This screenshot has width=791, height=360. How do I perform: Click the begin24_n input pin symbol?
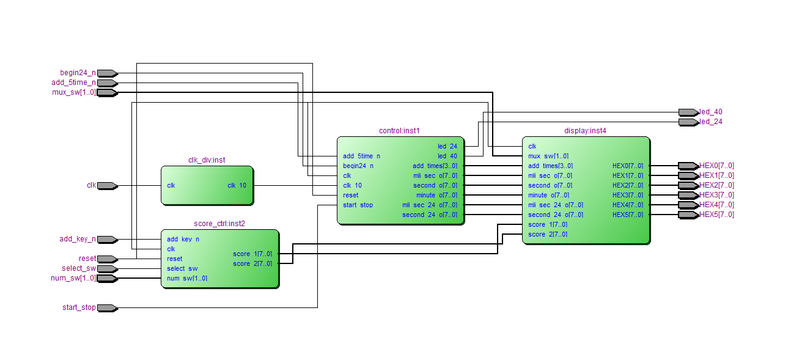click(107, 73)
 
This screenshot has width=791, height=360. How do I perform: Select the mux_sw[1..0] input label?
click(74, 93)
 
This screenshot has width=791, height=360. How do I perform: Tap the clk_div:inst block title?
click(207, 160)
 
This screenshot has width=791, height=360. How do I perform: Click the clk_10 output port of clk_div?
click(235, 185)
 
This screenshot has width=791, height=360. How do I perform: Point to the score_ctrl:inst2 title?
click(219, 224)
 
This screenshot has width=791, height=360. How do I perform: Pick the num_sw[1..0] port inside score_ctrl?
click(187, 279)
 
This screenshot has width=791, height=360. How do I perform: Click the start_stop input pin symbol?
click(107, 308)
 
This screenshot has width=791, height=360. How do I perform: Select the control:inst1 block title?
click(399, 131)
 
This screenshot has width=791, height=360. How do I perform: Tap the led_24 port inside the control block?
click(447, 146)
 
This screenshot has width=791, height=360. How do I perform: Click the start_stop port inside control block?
click(358, 205)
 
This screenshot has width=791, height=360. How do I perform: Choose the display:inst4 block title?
click(585, 131)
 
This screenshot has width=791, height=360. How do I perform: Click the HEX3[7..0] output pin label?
click(716, 195)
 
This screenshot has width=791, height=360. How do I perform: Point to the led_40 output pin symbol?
click(688, 112)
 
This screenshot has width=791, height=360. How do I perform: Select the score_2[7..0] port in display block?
click(547, 234)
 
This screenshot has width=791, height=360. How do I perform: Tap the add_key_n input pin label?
click(77, 240)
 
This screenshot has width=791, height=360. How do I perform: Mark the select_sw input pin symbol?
click(107, 269)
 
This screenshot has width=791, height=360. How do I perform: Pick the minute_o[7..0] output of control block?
click(436, 195)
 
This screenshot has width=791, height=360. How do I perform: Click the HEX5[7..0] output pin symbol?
click(688, 215)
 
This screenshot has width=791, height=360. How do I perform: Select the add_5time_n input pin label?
click(73, 83)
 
